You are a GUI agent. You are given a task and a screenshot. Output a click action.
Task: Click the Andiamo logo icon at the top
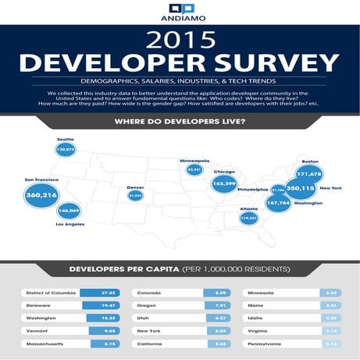coord(180,9)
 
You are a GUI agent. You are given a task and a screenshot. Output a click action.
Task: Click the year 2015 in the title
coord(180,39)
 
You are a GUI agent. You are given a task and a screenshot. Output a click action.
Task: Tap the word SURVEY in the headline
coord(261,63)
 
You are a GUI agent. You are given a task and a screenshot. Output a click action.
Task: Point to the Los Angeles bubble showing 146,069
coord(69,211)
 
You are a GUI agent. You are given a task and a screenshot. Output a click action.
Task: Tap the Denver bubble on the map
coord(136,196)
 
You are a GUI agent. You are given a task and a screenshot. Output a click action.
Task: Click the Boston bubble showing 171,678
coord(310,173)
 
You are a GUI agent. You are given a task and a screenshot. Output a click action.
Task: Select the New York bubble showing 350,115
coord(300,188)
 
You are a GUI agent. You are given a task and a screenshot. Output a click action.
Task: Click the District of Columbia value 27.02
coord(109,293)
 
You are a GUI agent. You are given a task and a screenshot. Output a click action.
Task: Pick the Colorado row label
coord(151,293)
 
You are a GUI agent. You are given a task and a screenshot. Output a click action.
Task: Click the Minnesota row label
coord(268,293)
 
